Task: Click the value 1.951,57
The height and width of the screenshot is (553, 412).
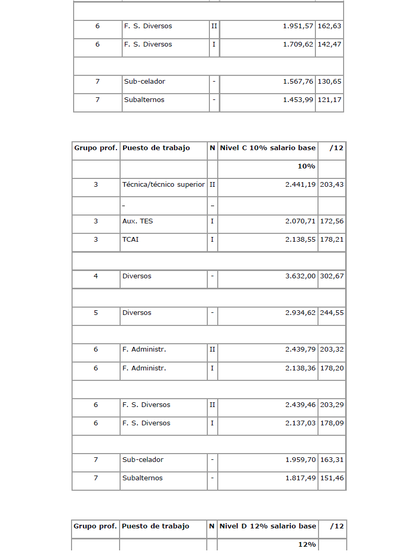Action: coord(298,26)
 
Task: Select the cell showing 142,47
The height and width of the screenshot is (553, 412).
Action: coord(329,44)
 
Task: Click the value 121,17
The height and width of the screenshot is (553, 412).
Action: coord(329,100)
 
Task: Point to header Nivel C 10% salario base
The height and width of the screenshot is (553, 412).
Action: coord(268,148)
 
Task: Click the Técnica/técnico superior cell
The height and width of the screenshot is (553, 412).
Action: coord(163,185)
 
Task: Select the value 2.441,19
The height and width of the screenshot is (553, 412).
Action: coord(300,185)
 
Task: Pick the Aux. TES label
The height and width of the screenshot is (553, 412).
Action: coord(137,221)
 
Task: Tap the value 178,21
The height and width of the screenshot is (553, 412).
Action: coord(332,240)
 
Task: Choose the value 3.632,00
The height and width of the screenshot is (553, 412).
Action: coord(300,276)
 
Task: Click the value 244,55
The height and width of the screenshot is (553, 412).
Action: coord(332,313)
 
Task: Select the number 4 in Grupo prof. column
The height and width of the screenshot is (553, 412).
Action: coord(96,276)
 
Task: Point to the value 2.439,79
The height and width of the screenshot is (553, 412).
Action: coord(300,349)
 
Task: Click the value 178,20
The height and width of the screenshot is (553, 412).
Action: coord(332,368)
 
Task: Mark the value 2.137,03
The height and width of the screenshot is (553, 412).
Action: coord(300,423)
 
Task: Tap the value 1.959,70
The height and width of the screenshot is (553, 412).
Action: coord(300,460)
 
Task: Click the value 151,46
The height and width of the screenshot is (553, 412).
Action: coord(332,478)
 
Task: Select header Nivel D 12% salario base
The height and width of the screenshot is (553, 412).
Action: coord(268,526)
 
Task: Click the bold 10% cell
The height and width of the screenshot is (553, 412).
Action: coord(307,166)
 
